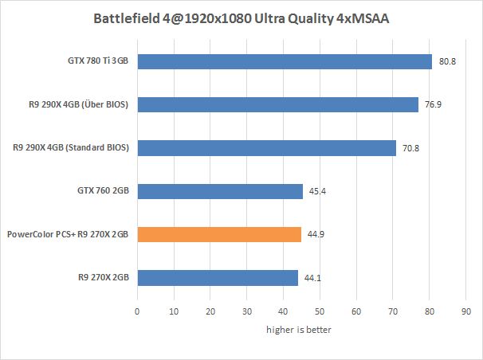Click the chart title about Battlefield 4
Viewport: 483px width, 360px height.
click(241, 18)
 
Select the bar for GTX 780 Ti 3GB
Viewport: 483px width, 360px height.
click(285, 61)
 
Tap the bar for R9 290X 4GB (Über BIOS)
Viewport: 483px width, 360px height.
click(277, 104)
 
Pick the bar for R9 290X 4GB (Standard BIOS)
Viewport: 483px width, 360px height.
click(266, 147)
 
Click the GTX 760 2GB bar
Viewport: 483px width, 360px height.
click(220, 190)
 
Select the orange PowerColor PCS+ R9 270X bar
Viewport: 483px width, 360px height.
click(219, 234)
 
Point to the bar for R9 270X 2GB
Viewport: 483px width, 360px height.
click(218, 277)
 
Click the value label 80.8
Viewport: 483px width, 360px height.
click(447, 61)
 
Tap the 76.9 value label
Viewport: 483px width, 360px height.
click(433, 104)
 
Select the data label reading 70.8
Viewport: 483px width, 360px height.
click(410, 147)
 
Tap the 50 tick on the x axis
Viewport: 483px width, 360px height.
click(320, 311)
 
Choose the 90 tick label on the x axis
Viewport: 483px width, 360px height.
click(465, 311)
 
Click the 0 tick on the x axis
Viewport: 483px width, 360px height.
click(137, 311)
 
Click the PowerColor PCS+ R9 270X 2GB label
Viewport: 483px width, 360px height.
click(69, 234)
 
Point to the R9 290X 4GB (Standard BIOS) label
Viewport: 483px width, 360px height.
click(72, 147)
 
